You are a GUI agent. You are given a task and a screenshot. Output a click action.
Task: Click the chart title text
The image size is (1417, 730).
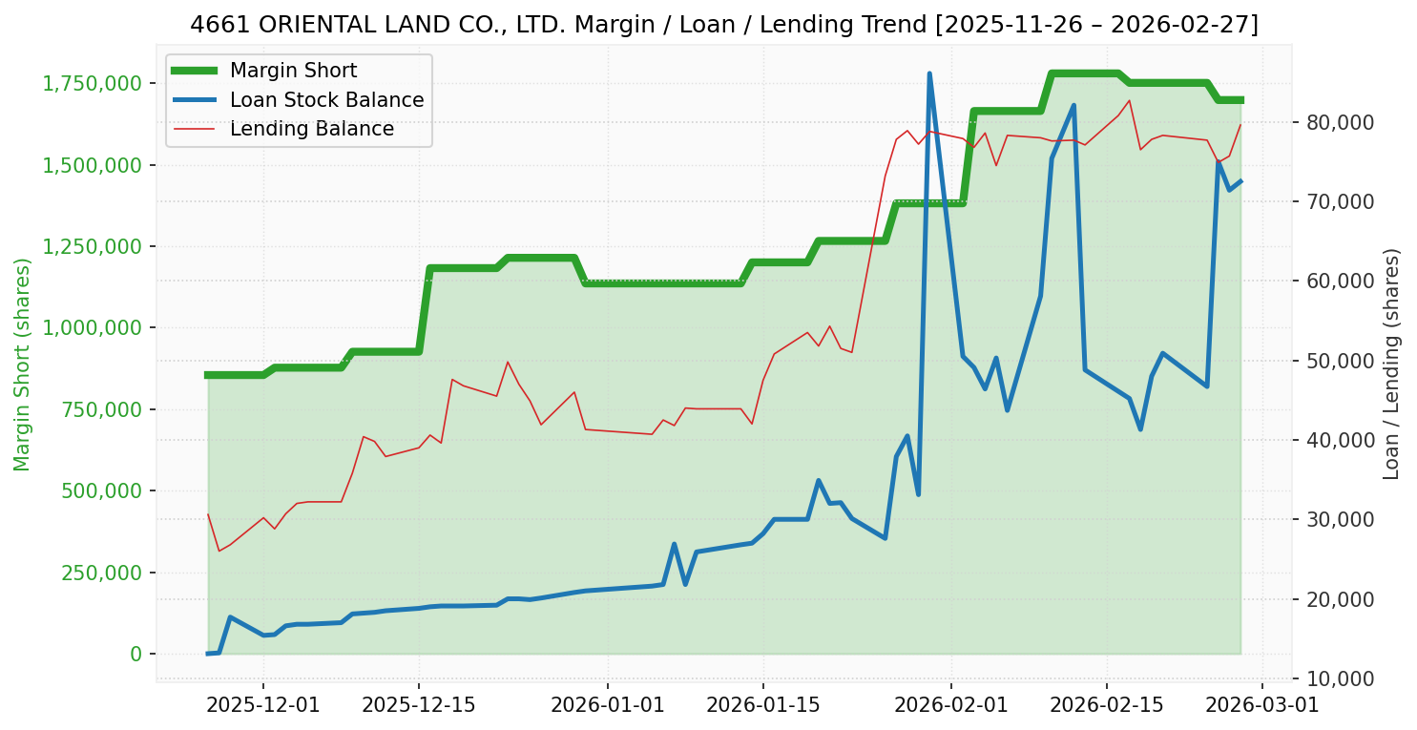tap(724, 25)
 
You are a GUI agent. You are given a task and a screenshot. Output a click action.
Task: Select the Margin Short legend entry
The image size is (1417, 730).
tap(293, 71)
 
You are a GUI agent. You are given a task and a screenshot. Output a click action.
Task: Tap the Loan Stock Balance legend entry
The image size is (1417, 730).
tap(326, 100)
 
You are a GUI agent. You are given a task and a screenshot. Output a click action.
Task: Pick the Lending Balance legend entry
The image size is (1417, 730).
tap(311, 129)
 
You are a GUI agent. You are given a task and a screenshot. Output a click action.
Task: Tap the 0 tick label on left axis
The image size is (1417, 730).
tap(135, 654)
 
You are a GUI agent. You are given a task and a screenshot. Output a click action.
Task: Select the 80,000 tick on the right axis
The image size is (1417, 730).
tap(1334, 122)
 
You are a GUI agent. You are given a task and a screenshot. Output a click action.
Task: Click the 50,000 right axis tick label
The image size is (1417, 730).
tap(1334, 361)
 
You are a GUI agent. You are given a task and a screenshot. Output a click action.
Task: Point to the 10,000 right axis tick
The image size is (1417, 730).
tap(1334, 678)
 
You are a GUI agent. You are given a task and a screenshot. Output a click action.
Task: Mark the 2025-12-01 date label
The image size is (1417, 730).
tap(263, 706)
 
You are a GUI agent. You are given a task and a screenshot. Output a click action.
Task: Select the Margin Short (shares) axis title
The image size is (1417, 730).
tap(23, 365)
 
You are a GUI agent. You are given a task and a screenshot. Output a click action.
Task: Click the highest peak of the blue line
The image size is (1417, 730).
tap(928, 73)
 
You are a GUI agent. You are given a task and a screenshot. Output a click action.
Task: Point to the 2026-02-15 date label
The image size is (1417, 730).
tap(1107, 706)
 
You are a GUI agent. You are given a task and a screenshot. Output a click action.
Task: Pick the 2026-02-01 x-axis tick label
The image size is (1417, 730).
tap(951, 706)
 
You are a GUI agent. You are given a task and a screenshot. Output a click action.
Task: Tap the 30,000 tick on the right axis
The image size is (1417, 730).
tap(1334, 519)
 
